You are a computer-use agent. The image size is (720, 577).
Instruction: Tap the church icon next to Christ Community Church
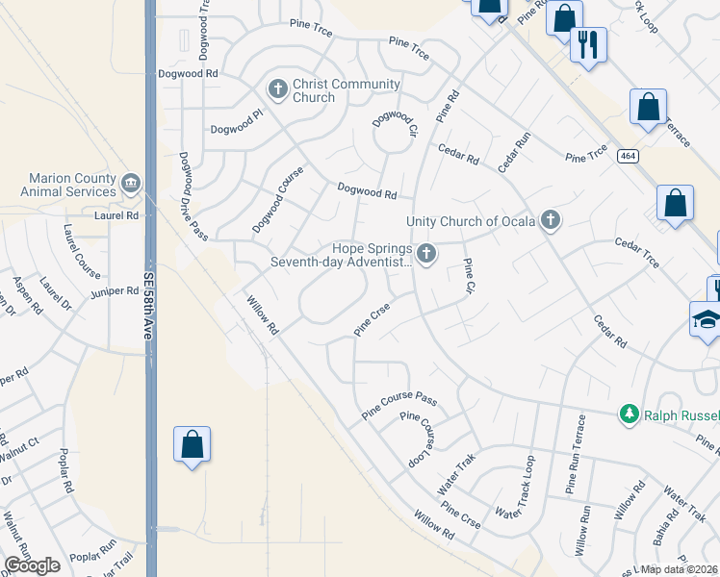(278, 89)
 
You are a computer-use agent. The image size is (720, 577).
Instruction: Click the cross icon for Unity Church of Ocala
(550, 220)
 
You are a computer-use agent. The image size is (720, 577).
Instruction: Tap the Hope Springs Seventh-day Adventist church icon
(426, 254)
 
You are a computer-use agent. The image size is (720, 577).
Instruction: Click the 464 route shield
(628, 156)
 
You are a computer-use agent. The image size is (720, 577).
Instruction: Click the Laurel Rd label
(117, 215)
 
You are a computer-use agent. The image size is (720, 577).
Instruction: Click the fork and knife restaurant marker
(587, 43)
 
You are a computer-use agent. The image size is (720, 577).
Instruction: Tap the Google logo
(32, 564)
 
